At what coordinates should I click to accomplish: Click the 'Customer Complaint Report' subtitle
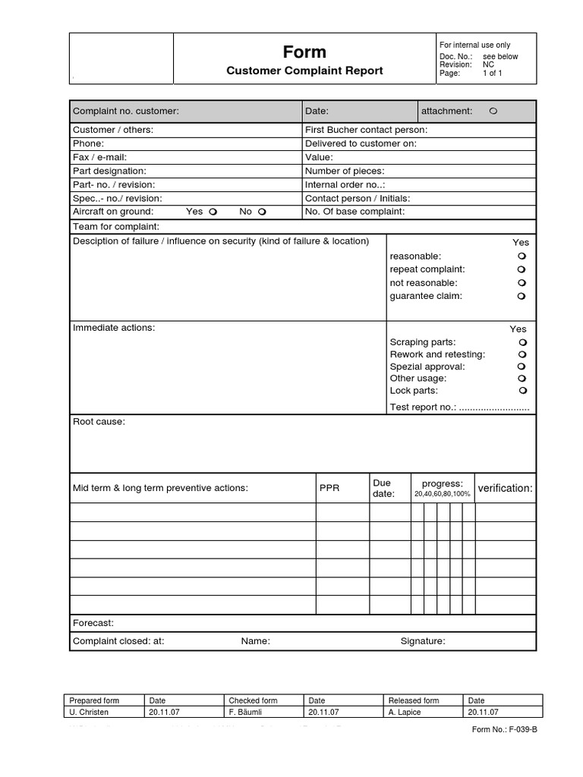(x=304, y=71)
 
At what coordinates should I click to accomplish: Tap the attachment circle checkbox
(x=493, y=112)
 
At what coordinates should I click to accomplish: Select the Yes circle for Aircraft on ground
(x=214, y=212)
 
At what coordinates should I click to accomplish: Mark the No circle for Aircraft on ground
(x=263, y=212)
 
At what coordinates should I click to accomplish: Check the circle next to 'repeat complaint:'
(x=522, y=269)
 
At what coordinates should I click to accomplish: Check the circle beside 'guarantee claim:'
(x=522, y=297)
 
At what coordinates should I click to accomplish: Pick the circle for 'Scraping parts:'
(x=523, y=342)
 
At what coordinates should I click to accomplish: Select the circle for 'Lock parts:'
(x=523, y=391)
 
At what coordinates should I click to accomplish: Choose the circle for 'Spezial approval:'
(x=523, y=366)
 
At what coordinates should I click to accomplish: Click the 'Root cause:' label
(x=99, y=422)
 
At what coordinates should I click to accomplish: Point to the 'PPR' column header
(x=329, y=489)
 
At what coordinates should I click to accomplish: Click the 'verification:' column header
(x=505, y=489)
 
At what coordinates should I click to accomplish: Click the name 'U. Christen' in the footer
(x=89, y=713)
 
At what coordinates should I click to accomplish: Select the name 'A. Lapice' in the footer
(x=408, y=713)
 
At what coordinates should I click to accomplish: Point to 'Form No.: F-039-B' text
(x=504, y=730)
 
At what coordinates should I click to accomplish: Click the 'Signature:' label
(x=423, y=641)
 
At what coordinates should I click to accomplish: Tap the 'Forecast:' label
(x=93, y=623)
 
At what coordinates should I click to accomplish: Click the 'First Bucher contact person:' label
(x=366, y=130)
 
